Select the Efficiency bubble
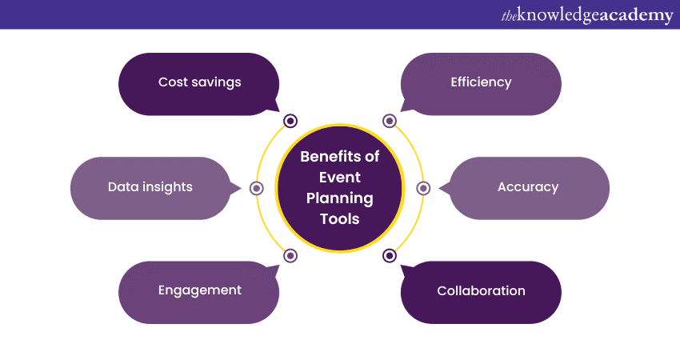481,83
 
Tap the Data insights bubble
150,187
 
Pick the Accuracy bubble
528,187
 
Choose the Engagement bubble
199,291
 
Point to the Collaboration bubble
481,291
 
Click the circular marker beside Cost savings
290,121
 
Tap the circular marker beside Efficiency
390,121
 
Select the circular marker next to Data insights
257,188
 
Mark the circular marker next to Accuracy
423,188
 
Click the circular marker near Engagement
290,256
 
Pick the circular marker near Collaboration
390,256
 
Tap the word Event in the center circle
340,177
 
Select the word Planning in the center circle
340,198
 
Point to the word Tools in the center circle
340,218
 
